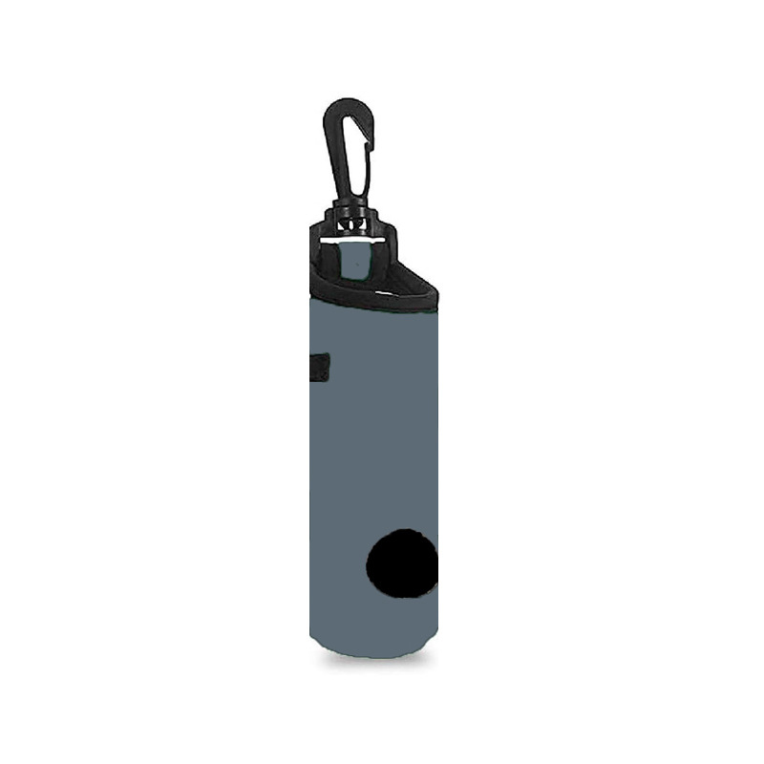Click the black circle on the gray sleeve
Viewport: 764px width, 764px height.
402,563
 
